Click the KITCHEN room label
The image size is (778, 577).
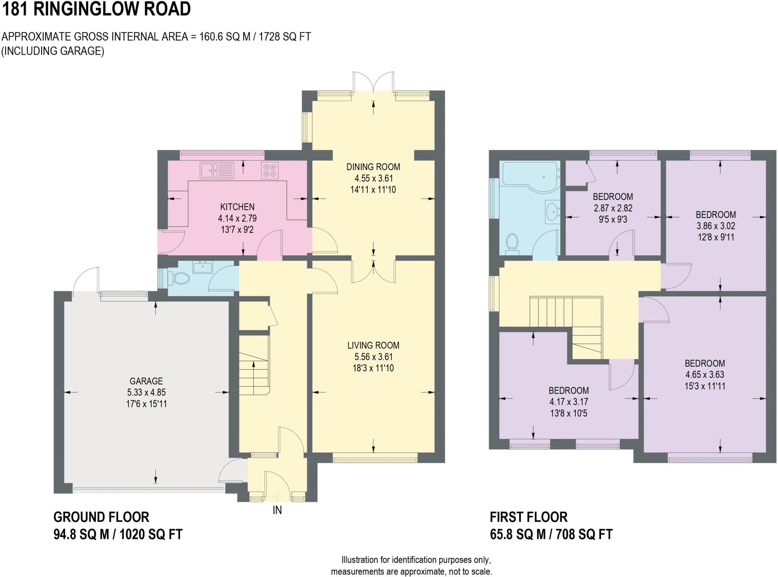coord(237,207)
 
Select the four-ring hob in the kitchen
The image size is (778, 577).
coord(270,171)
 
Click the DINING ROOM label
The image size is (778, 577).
coord(373,167)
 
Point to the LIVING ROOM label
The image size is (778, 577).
coord(373,345)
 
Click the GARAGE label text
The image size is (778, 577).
coord(146,381)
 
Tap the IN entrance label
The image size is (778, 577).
coord(277,510)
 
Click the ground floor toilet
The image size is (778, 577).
coord(179,279)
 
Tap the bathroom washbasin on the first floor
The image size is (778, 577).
coord(552,210)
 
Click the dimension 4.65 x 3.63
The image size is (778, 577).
coord(705,375)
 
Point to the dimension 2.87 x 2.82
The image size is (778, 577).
coord(613,208)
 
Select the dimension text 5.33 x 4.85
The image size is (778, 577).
coord(146,392)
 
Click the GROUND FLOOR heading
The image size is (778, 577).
coord(101,517)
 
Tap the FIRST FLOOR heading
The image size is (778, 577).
coord(528,517)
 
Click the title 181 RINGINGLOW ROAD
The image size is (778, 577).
coord(96,9)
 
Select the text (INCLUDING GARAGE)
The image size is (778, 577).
coord(53,51)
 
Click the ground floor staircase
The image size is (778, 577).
coord(254,365)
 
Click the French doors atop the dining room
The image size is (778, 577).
coord(373,81)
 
